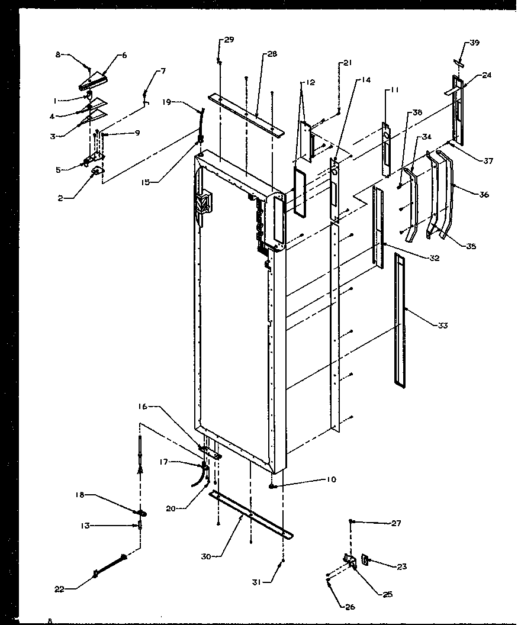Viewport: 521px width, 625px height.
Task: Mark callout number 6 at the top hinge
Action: (x=124, y=56)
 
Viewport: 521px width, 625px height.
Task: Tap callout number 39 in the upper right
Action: (x=475, y=43)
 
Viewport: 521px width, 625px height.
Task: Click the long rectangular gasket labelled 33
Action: (x=401, y=320)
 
